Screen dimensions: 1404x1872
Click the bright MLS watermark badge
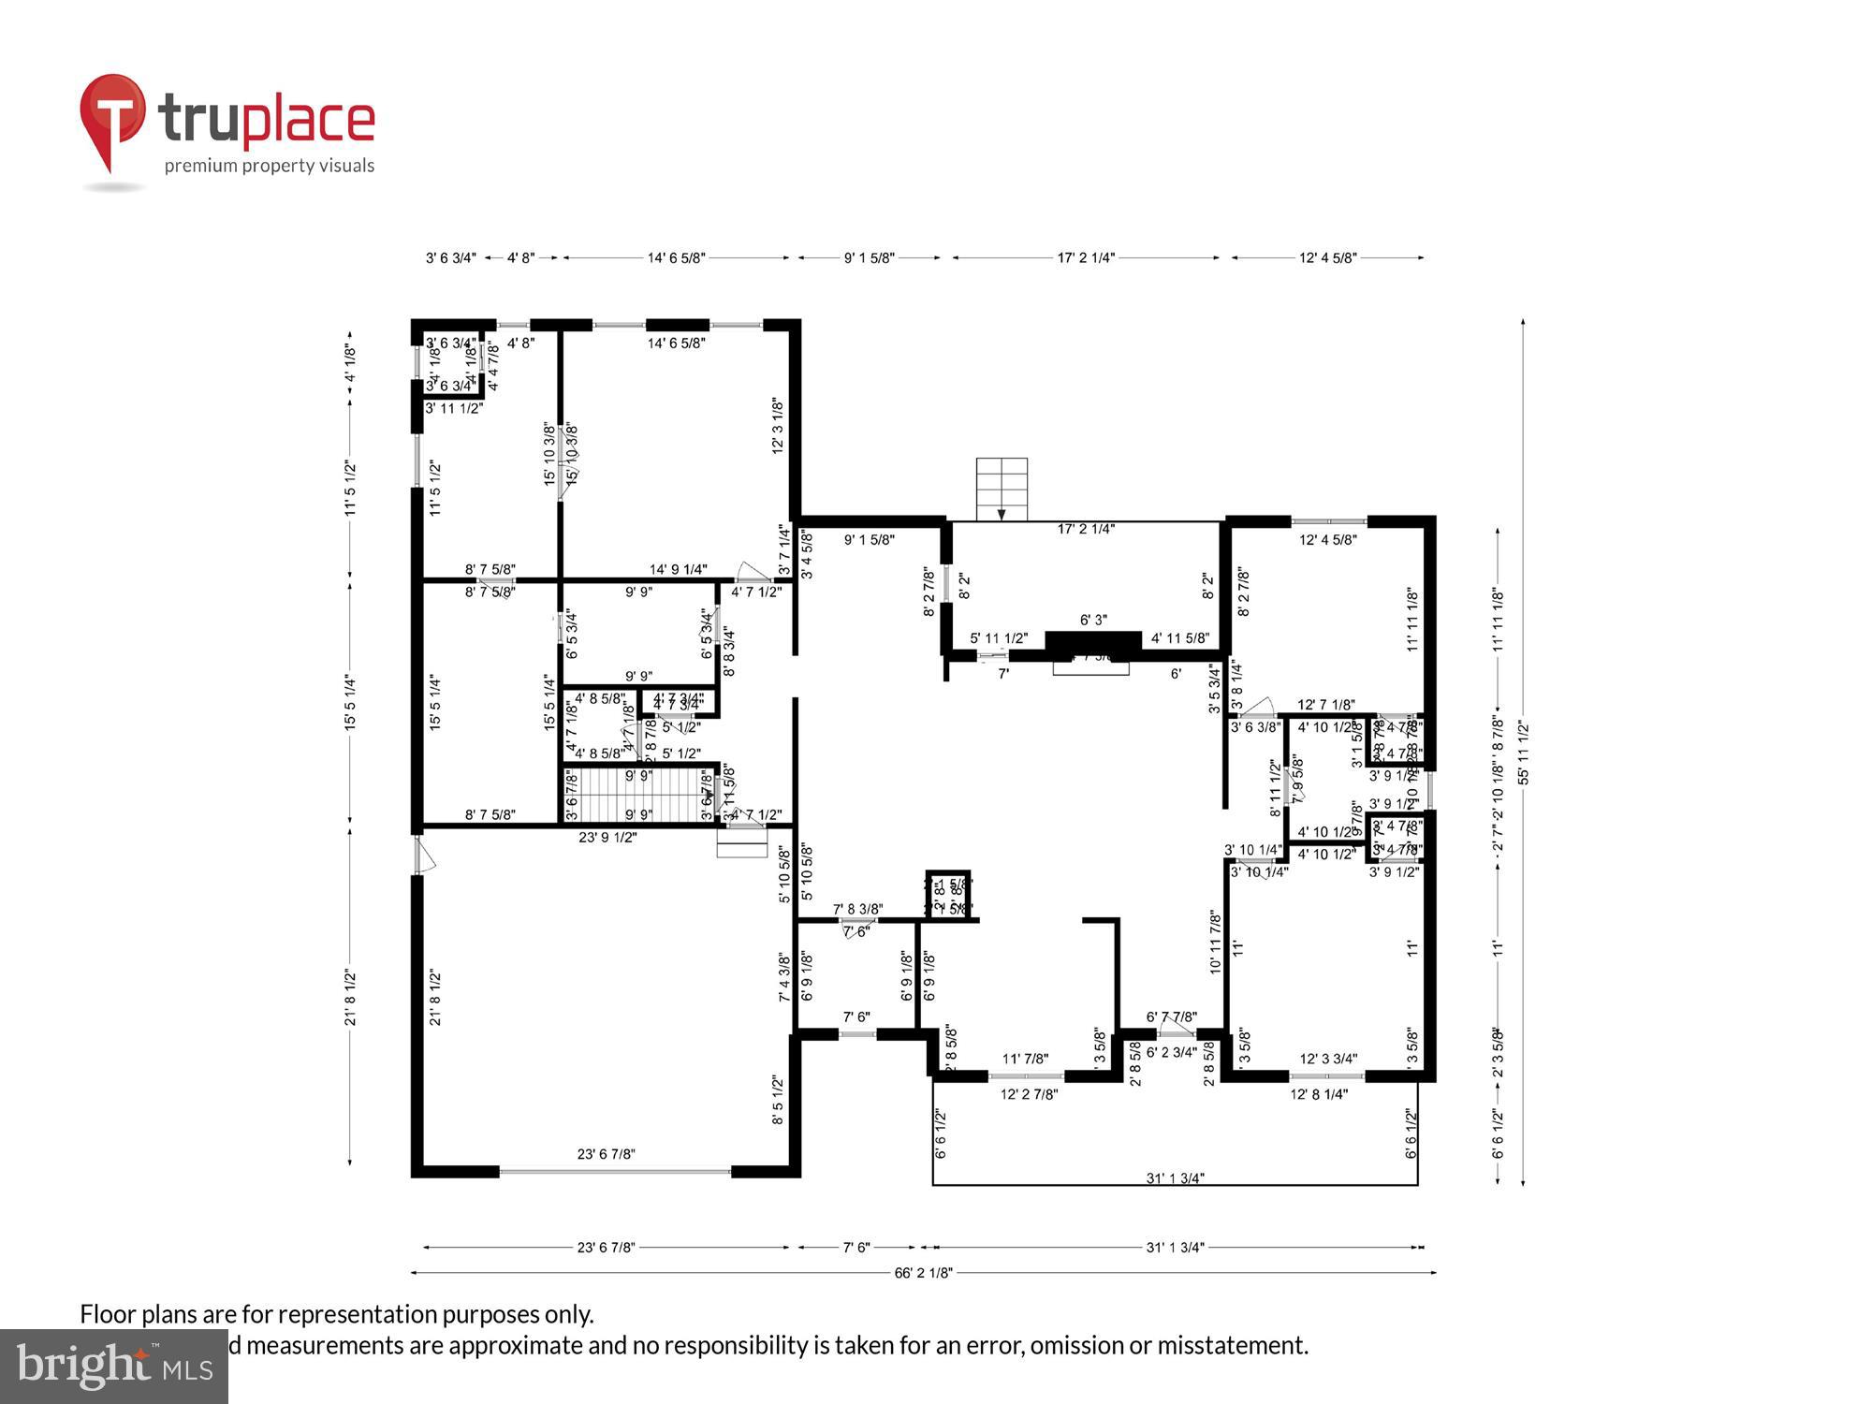click(113, 1367)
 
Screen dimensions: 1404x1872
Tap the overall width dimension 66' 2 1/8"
click(923, 1272)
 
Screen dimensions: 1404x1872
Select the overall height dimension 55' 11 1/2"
click(1523, 752)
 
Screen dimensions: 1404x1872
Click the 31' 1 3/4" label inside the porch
click(1175, 1177)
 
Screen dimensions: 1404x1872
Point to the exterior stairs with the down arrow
click(1001, 489)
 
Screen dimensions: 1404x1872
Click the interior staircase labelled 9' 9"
click(639, 795)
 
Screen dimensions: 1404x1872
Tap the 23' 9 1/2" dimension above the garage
click(607, 837)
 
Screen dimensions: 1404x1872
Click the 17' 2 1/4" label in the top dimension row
click(1086, 257)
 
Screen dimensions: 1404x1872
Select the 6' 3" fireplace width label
click(1093, 620)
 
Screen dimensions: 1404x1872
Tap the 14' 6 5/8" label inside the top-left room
click(676, 343)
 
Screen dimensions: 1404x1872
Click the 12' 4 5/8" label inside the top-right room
click(1327, 539)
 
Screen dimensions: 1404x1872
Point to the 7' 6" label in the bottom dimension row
click(856, 1247)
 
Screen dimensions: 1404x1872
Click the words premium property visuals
click(270, 166)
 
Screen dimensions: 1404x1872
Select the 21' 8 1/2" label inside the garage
click(435, 998)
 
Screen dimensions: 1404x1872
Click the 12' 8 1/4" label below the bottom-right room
click(1318, 1093)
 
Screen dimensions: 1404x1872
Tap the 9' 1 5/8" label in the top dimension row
click(869, 257)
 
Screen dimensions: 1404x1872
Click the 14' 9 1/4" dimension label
click(678, 569)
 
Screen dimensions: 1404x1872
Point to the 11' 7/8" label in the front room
click(1025, 1059)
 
